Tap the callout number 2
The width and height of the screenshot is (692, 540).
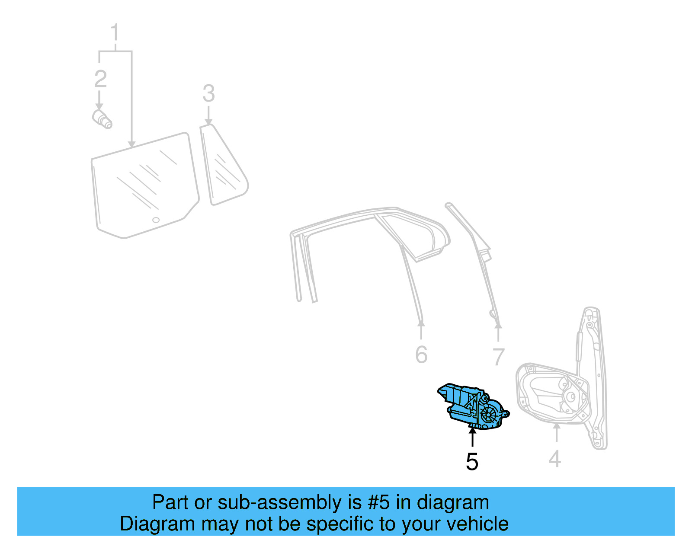[100, 79]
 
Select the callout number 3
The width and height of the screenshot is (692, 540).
[208, 93]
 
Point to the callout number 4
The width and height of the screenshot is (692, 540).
[555, 459]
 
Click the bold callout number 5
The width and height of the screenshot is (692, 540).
[472, 462]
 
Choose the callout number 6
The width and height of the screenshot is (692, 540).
[421, 355]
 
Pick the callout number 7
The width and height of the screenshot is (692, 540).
[499, 357]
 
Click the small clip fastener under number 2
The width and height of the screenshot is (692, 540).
[103, 119]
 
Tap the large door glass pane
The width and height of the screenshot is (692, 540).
[145, 186]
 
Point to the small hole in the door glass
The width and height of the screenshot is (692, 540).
[156, 220]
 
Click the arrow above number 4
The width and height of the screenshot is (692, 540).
[557, 432]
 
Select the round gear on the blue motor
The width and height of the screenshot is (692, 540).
[489, 414]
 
